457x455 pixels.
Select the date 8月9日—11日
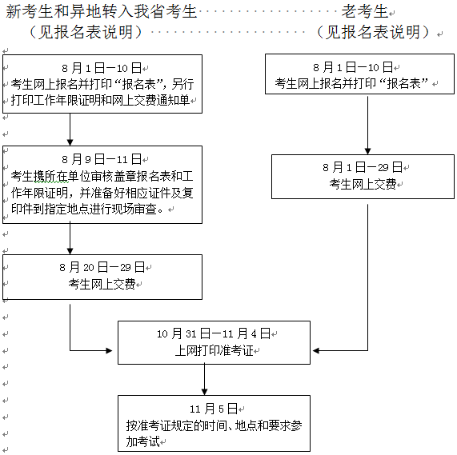[x=101, y=159]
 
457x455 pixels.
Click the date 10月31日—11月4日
[x=214, y=333]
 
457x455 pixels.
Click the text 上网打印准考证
[x=214, y=350]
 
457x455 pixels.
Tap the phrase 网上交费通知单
[x=152, y=101]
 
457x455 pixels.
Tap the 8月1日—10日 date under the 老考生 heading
[x=353, y=67]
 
